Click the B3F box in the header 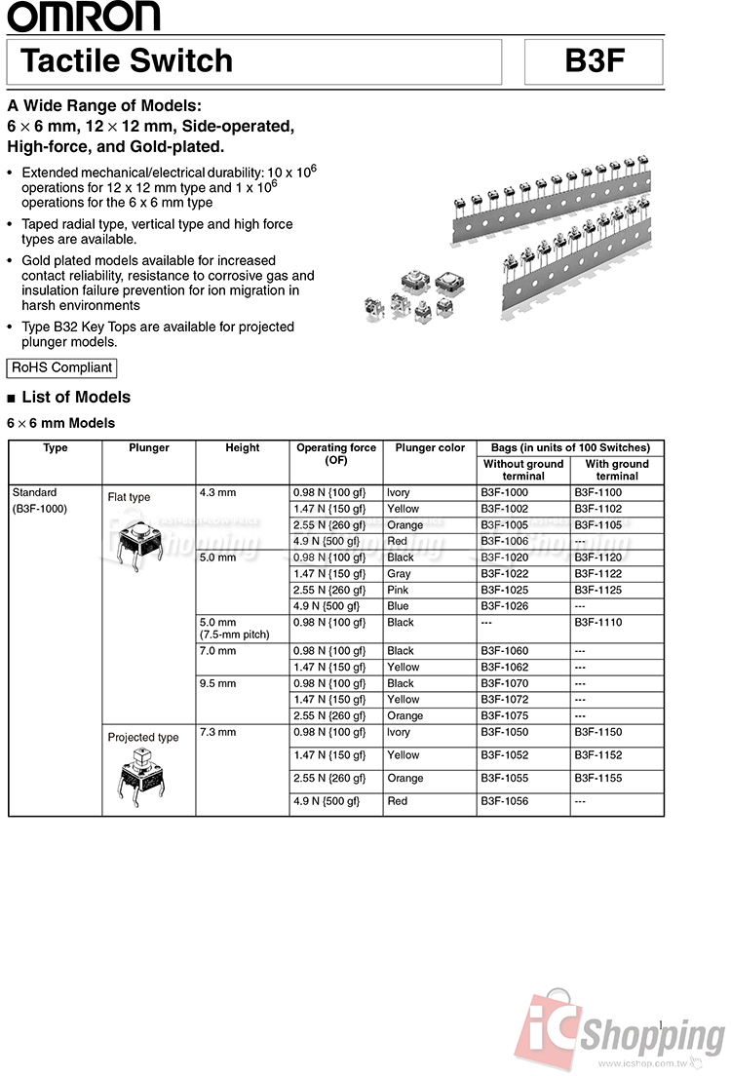coord(594,61)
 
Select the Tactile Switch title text coord(127,61)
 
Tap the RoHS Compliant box coord(62,367)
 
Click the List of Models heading coord(75,397)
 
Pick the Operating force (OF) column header coord(336,454)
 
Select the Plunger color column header coord(430,448)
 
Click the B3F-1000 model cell coord(504,493)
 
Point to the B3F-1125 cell coord(597,590)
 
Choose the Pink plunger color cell coord(399,590)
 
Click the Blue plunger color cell coord(398,606)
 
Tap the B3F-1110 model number coord(597,622)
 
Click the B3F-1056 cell coord(504,801)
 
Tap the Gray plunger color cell coord(399,574)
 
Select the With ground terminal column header coord(617,470)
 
